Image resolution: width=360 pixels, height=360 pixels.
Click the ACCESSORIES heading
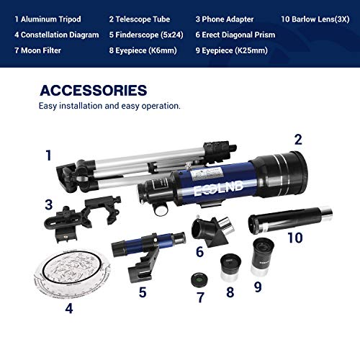coord(94,91)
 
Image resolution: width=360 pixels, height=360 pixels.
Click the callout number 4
coord(68,310)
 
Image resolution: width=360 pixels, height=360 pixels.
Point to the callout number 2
coord(297,139)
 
